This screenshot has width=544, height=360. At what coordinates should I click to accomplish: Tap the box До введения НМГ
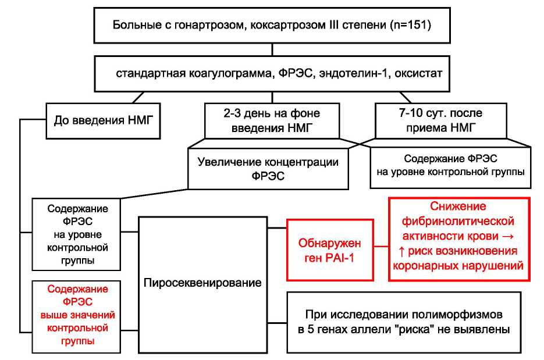tap(104, 121)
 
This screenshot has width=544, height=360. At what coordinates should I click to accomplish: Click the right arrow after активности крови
tap(511, 236)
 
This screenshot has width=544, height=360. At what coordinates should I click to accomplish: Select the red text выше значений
tap(77, 315)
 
